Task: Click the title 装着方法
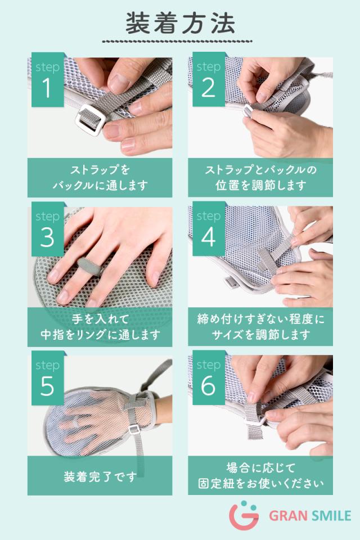click(x=180, y=24)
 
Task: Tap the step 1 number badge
click(x=48, y=79)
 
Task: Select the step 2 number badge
click(x=209, y=79)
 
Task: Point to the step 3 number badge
click(x=48, y=229)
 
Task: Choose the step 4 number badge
click(x=209, y=229)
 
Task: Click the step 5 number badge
click(x=48, y=378)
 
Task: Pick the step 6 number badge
click(x=209, y=378)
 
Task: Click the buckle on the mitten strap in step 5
click(x=134, y=429)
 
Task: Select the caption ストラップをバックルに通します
click(x=100, y=178)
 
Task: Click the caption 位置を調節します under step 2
click(x=261, y=185)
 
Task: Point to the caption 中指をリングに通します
click(x=100, y=334)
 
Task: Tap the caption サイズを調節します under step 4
click(x=261, y=334)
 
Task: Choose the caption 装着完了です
click(x=100, y=476)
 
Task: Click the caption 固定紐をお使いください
click(x=261, y=483)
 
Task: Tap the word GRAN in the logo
click(x=288, y=516)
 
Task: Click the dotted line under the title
click(x=177, y=41)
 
